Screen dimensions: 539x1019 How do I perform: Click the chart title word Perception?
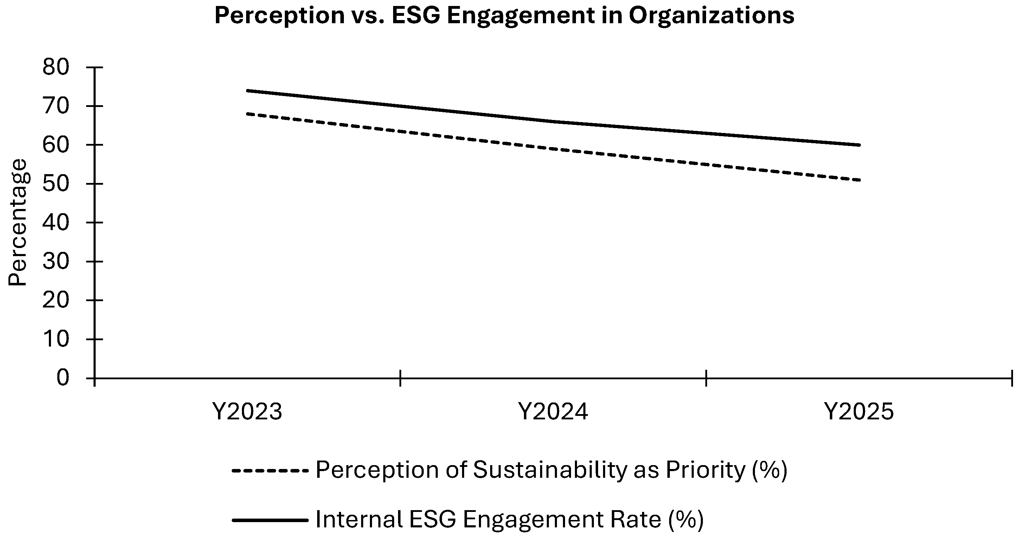(x=280, y=16)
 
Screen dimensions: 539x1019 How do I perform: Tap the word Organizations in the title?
(x=711, y=16)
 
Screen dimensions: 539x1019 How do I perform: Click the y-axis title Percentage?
(x=18, y=222)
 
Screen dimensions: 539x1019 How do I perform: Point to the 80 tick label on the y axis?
(x=56, y=67)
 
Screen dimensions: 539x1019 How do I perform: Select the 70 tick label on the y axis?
(x=56, y=106)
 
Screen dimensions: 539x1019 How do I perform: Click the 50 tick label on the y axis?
(x=56, y=184)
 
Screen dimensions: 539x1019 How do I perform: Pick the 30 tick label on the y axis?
(x=56, y=261)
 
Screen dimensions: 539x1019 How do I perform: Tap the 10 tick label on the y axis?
(x=56, y=339)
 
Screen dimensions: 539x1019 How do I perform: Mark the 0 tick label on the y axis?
(x=63, y=378)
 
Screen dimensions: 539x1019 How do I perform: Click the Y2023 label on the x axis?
(x=247, y=412)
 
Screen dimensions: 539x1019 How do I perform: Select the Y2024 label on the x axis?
(x=553, y=412)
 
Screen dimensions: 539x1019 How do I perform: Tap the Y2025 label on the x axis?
(x=859, y=412)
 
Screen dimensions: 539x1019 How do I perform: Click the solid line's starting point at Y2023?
(x=247, y=91)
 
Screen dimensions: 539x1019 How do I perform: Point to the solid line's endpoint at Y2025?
(x=860, y=145)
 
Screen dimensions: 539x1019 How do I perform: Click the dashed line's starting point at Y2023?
(x=247, y=114)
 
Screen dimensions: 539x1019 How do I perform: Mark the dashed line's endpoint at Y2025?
(x=860, y=180)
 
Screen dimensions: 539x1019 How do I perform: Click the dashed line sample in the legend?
(x=270, y=470)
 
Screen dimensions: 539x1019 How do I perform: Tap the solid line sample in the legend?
(x=270, y=520)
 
